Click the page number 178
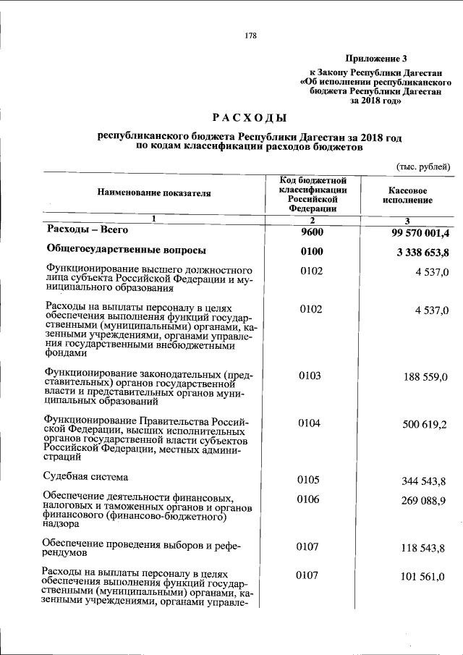coord(251,35)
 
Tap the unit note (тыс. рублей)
coord(422,166)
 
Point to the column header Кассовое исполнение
coord(407,194)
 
